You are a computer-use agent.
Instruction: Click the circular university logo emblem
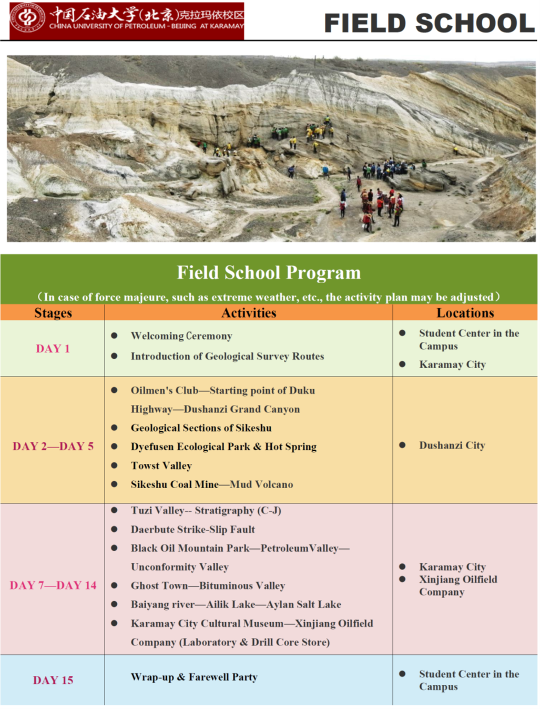28,18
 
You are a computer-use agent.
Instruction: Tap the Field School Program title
269,272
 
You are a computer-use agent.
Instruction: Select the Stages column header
53,313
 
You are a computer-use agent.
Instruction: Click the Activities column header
249,313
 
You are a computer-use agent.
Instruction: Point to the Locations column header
465,313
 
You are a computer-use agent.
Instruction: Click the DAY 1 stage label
53,349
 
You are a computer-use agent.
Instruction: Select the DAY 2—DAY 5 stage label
53,447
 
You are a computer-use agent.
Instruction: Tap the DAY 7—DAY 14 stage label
53,585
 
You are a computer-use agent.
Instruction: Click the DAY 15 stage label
53,680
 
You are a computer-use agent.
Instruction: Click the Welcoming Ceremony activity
181,336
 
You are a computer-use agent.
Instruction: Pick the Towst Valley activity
161,465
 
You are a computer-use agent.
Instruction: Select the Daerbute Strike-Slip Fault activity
193,529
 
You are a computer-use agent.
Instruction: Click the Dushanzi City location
452,445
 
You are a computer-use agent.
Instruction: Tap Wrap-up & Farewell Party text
194,677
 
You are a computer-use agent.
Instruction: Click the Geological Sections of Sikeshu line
201,428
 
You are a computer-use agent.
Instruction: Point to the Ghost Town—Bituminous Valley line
208,585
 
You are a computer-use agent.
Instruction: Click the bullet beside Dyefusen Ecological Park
114,447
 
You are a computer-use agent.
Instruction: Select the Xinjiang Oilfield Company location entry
457,585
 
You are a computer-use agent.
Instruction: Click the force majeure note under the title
269,297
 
